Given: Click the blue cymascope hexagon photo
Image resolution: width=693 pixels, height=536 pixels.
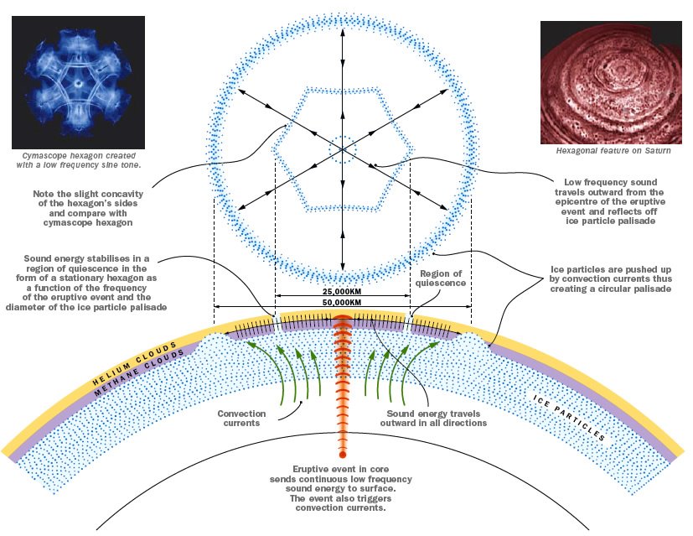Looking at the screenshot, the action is [78, 82].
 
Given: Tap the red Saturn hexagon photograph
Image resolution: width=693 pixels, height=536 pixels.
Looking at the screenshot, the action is [611, 82].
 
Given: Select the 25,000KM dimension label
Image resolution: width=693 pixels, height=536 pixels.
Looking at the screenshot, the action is [342, 291].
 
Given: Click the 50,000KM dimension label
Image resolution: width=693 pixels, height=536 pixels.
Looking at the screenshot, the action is [342, 303].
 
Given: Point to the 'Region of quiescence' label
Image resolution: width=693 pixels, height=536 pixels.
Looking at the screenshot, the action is [441, 278].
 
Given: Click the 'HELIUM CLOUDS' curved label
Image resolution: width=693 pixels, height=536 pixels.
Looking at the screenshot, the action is [134, 363].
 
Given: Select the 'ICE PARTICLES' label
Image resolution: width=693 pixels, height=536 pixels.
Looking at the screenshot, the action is [569, 418].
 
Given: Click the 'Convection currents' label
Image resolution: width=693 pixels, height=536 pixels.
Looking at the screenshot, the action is [241, 419].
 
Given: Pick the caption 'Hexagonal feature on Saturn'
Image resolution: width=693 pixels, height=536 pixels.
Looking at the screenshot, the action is [613, 151].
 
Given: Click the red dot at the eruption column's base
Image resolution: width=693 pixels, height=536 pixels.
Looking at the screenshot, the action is [342, 455].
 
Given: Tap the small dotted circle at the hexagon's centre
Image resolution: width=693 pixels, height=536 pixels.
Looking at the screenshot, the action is [343, 149].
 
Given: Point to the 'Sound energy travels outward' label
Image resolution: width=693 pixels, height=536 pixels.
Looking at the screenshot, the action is [433, 419].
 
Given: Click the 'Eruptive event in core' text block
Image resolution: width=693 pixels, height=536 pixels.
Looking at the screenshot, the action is [341, 488].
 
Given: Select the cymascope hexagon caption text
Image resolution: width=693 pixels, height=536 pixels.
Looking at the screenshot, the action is [79, 160].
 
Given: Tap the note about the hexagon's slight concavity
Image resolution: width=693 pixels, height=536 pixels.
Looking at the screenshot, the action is [88, 208].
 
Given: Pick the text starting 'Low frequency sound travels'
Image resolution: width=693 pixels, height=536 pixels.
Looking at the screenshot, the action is [610, 201].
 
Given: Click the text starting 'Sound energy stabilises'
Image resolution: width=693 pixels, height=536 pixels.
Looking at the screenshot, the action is [86, 283].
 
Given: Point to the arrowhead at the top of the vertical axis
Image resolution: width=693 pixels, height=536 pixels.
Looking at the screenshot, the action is [343, 32].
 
